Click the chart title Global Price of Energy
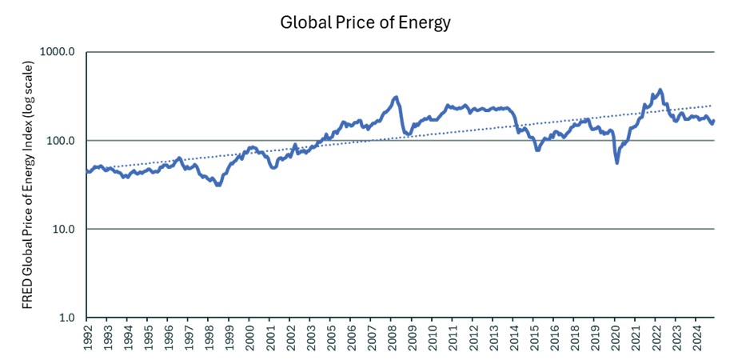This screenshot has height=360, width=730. [365, 22]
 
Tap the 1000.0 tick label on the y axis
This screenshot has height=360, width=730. [58, 53]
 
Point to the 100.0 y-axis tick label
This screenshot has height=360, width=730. [61, 141]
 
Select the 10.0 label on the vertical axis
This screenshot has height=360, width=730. [63, 230]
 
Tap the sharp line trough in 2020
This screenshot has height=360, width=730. [616, 162]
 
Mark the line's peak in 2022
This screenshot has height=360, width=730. [660, 90]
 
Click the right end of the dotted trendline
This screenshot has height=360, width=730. [713, 105]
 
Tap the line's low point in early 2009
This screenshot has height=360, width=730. [409, 134]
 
